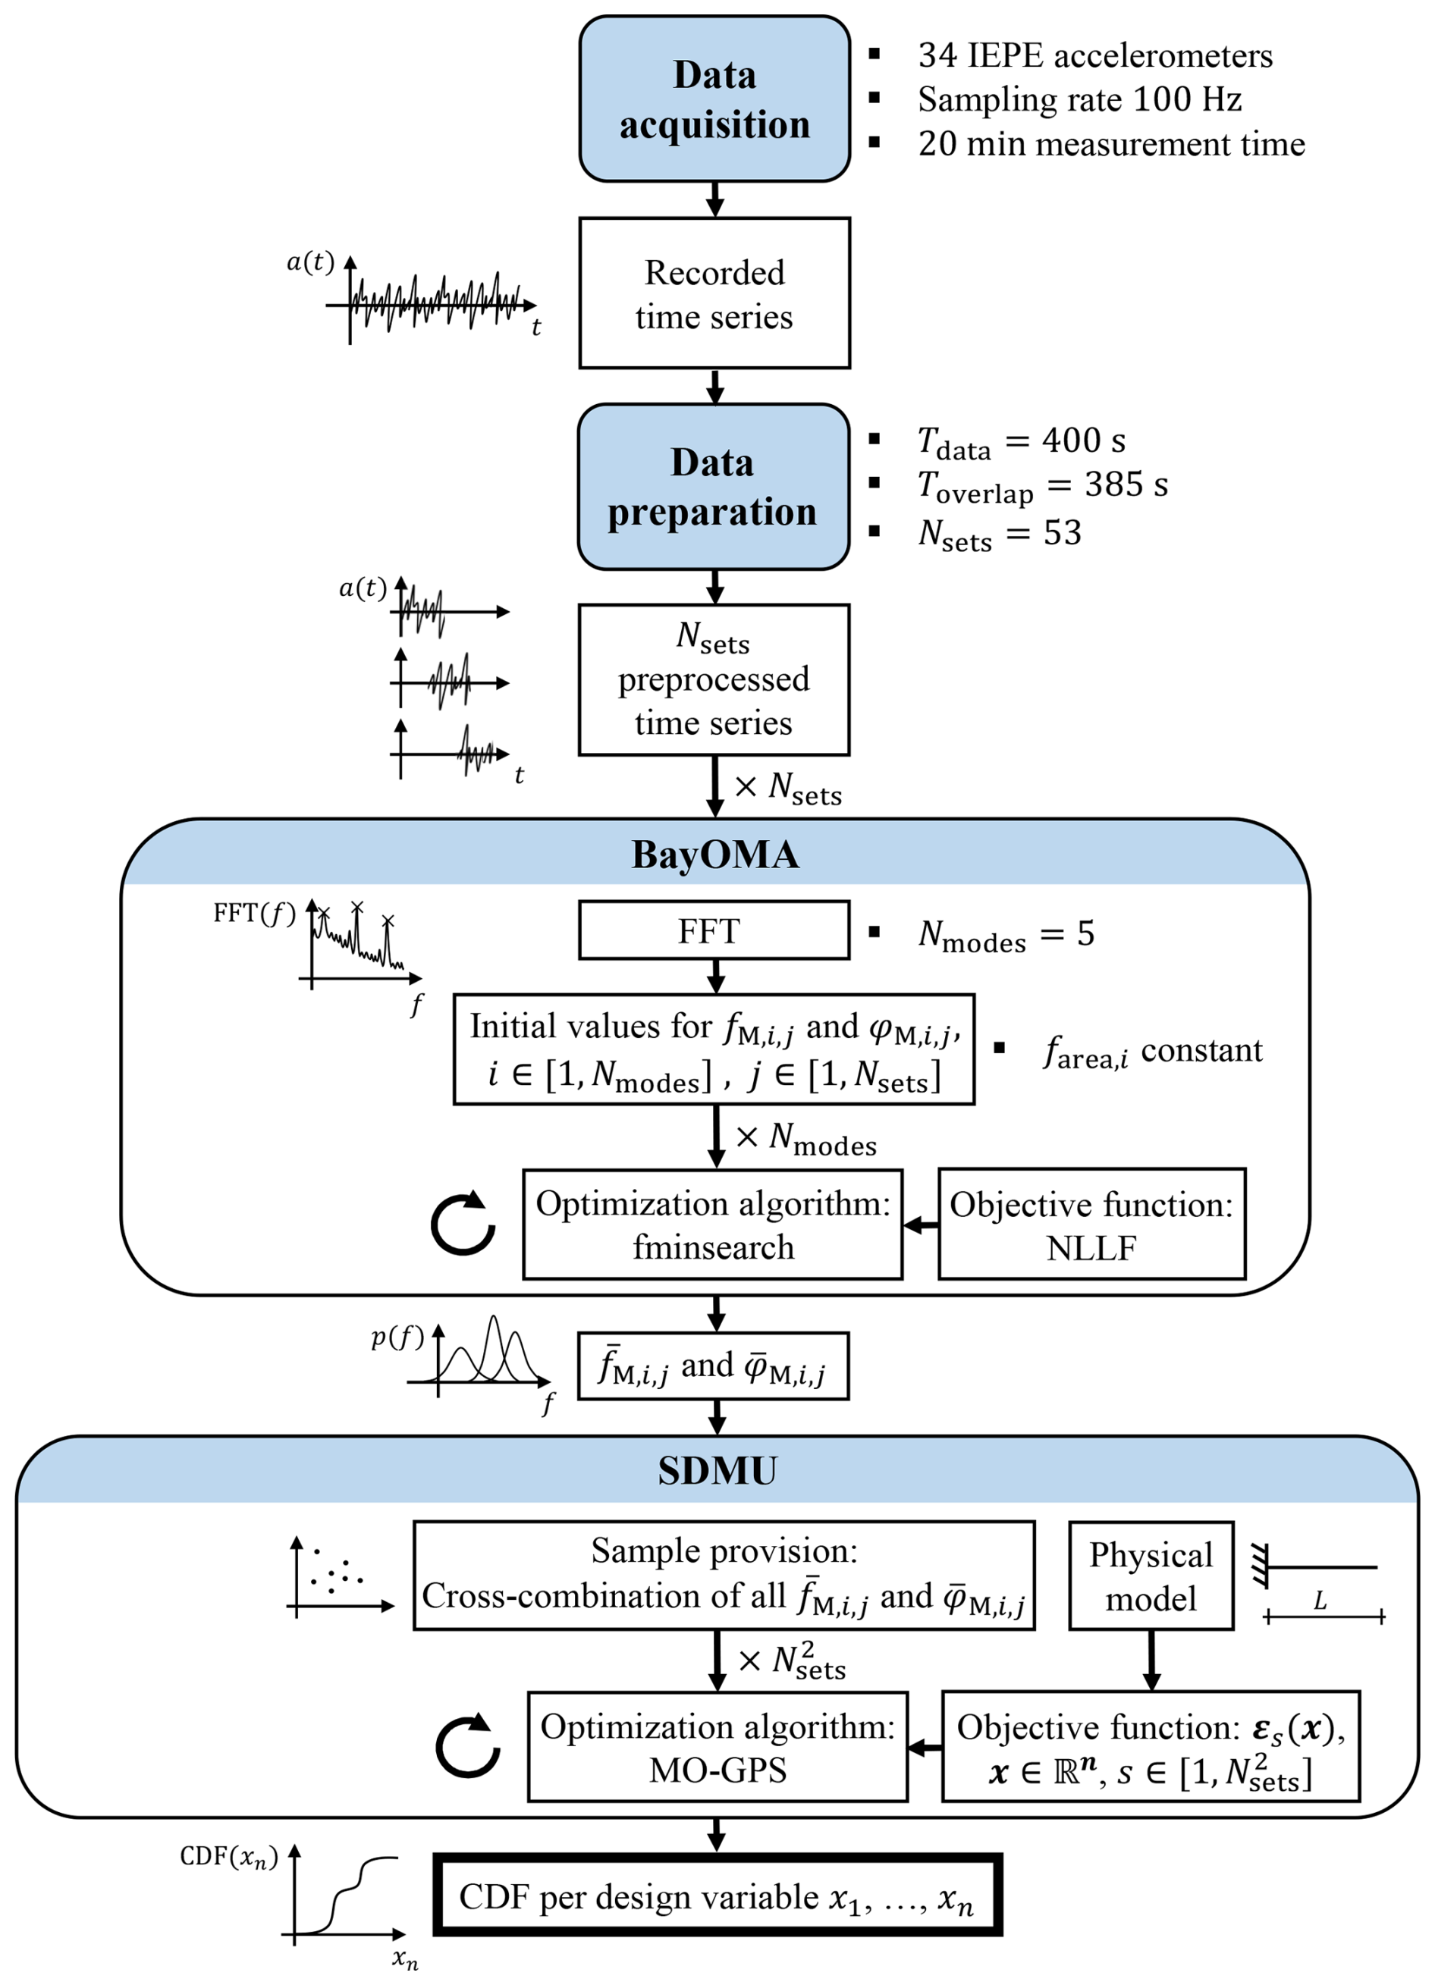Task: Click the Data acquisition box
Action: [x=714, y=99]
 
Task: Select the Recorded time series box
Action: [x=714, y=293]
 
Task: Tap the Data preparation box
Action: [x=713, y=487]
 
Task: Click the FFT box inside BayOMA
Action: [x=714, y=930]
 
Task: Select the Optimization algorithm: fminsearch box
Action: [x=713, y=1225]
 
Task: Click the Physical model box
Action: [x=1151, y=1576]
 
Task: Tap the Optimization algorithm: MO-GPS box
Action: [x=717, y=1747]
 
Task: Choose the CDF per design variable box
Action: [x=717, y=1896]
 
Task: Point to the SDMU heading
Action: [x=717, y=1471]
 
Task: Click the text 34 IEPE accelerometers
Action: [x=1094, y=56]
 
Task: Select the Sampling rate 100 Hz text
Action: [x=1079, y=100]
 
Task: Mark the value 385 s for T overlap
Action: [x=1126, y=484]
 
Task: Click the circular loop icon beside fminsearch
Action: [x=463, y=1223]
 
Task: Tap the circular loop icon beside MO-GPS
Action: [x=467, y=1746]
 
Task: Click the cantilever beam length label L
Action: [x=1320, y=1601]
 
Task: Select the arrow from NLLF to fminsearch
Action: [x=920, y=1225]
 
